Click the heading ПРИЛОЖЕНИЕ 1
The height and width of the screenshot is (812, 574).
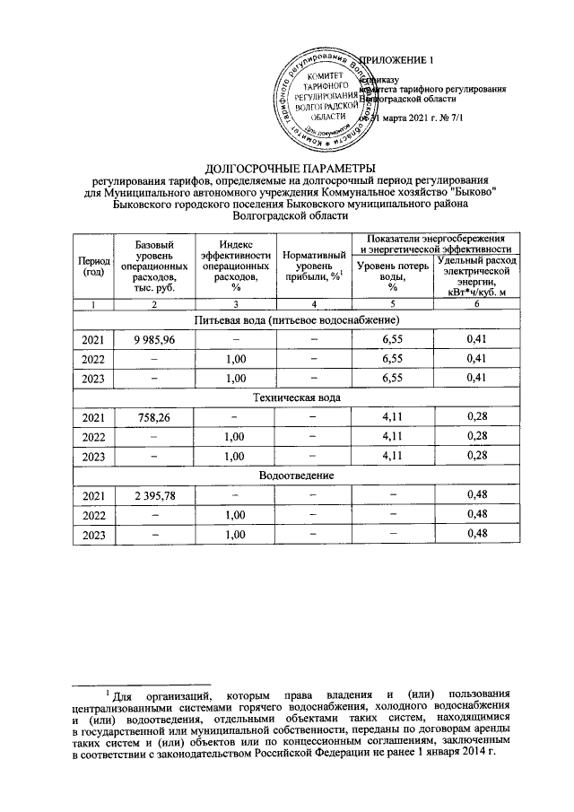[x=395, y=60]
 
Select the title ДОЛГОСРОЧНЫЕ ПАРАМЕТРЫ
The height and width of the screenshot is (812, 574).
[x=287, y=168]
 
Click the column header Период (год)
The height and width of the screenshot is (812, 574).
[x=92, y=266]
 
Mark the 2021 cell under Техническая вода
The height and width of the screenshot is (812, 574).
[x=92, y=416]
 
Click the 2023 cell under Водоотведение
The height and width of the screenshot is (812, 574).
[x=92, y=534]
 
